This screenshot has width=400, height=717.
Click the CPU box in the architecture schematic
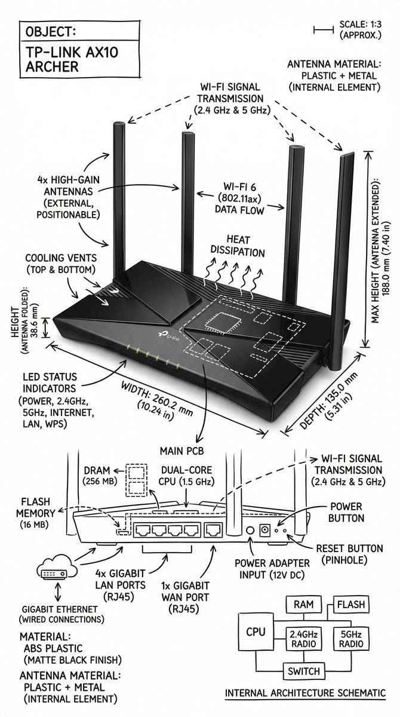256,632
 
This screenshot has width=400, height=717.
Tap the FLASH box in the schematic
351,605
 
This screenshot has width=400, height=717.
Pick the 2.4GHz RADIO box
301,638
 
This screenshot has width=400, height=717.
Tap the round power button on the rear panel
251,530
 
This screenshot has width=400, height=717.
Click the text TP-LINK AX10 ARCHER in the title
64,59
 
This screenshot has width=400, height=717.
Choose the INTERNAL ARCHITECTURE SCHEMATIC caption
304,693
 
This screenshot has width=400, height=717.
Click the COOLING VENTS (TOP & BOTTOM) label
60,263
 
